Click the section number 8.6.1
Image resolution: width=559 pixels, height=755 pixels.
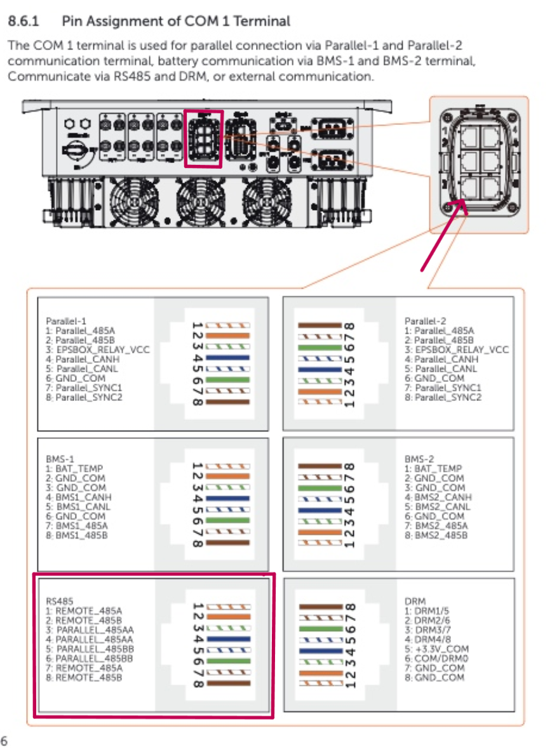[x=24, y=22]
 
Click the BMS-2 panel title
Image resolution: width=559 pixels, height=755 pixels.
[x=419, y=458]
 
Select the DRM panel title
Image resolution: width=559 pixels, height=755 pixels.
[x=415, y=600]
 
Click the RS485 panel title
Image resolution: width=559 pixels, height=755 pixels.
[x=59, y=600]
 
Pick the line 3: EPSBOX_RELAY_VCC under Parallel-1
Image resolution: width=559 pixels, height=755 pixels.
[x=98, y=350]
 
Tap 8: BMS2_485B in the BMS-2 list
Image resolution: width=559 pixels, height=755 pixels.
[x=441, y=535]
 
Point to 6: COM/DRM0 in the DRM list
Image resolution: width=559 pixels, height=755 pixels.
[x=440, y=658]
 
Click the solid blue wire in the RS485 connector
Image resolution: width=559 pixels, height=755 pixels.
[x=228, y=640]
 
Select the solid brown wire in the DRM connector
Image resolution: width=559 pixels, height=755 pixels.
[x=320, y=607]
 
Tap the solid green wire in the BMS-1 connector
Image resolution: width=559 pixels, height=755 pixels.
[x=228, y=520]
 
